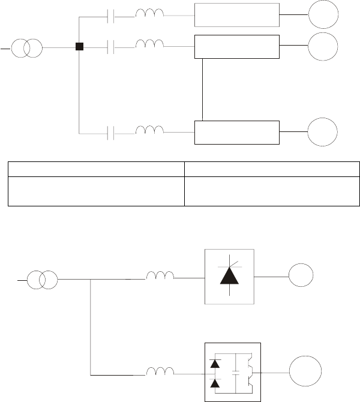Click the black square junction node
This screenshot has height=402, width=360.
point(79,46)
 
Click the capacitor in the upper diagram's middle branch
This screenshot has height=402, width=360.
point(110,47)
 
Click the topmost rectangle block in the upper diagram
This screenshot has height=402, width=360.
point(237,14)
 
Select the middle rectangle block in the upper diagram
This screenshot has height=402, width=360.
point(237,47)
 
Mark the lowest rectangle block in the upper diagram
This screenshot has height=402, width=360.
point(237,132)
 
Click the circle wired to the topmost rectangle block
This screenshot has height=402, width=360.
point(323,14)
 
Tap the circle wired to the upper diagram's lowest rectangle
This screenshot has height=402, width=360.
point(323,132)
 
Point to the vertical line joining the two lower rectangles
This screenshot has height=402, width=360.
point(203,89)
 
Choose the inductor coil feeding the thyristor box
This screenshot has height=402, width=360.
point(160,277)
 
